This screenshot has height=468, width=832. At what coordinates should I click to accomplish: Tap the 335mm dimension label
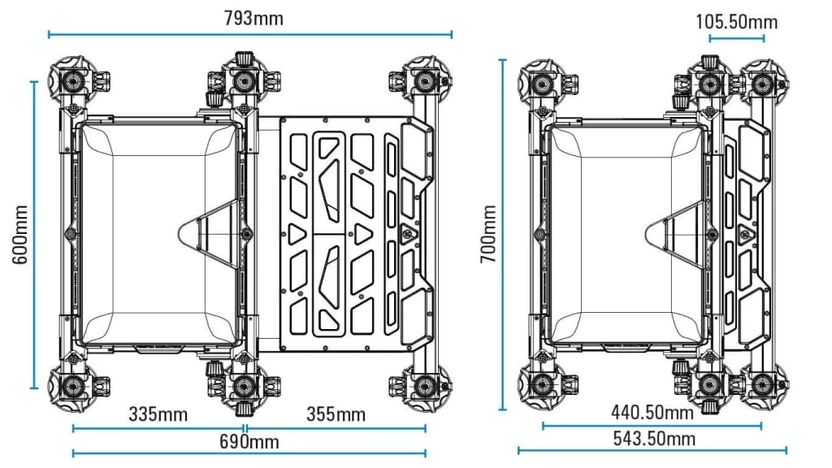(x=158, y=414)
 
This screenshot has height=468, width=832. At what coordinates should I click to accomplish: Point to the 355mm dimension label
(x=336, y=414)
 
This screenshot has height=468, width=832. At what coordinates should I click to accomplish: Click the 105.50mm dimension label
(x=736, y=21)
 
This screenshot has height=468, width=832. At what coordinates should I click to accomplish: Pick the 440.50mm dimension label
(x=652, y=412)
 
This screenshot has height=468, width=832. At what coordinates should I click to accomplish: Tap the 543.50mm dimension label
(x=653, y=439)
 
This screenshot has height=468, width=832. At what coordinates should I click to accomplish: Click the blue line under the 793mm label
(x=250, y=34)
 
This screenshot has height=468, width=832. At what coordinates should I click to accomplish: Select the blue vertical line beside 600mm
(x=34, y=235)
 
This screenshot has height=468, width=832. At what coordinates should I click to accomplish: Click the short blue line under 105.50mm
(x=736, y=38)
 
